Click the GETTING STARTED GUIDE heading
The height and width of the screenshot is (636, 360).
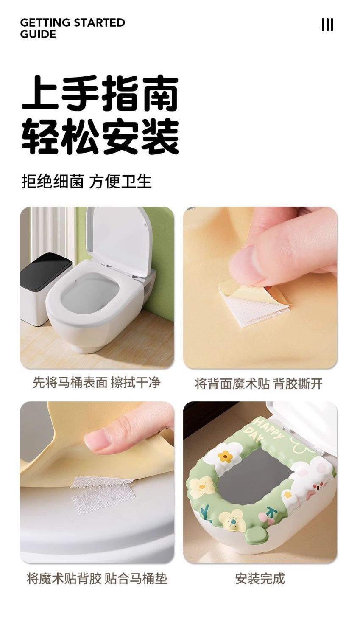pyautogui.click(x=73, y=28)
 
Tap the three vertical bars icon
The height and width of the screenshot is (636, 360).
pyautogui.click(x=327, y=25)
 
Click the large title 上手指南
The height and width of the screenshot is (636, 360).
pyautogui.click(x=100, y=93)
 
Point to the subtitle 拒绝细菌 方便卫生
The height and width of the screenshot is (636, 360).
pyautogui.click(x=87, y=181)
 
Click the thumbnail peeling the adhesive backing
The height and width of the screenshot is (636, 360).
pyautogui.click(x=260, y=288)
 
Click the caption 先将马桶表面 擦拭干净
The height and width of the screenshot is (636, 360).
pyautogui.click(x=97, y=382)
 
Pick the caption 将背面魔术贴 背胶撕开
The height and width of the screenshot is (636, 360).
pyautogui.click(x=259, y=384)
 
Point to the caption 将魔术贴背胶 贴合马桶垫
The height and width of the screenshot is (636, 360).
pyautogui.click(x=97, y=578)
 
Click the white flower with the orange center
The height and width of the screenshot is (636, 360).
pyautogui.click(x=226, y=456)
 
